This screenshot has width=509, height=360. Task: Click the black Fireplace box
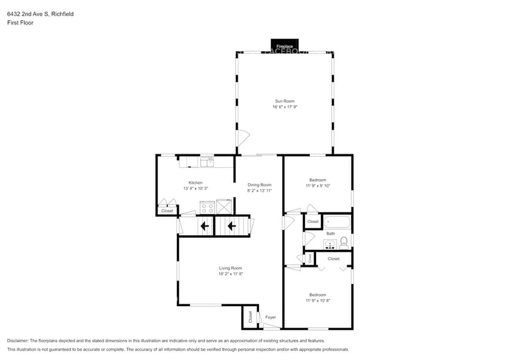[x=284, y=46]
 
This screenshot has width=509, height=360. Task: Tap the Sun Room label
[x=285, y=101]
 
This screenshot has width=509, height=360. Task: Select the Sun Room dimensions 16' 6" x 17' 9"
[x=285, y=107]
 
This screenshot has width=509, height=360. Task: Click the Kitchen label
[x=195, y=182]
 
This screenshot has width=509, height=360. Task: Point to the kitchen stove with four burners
[x=207, y=207]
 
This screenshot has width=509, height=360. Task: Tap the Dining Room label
[x=259, y=185]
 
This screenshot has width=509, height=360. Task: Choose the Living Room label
[x=231, y=268]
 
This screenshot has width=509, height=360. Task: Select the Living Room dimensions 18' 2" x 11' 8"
[x=231, y=274]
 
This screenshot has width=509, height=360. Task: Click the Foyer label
[x=271, y=317]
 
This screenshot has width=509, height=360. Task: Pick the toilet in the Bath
[x=344, y=242]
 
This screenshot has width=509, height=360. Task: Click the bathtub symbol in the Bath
[x=336, y=222]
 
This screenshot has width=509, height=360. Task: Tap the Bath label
[x=331, y=233]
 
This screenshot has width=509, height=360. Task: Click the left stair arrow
[x=204, y=227]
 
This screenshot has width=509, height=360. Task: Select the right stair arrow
[x=232, y=227]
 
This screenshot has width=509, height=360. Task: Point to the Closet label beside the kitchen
[x=167, y=211]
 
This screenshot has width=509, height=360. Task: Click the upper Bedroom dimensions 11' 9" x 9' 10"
[x=318, y=186]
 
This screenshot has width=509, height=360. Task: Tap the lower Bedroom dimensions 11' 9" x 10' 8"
[x=318, y=301]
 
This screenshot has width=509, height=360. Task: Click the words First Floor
[x=21, y=23]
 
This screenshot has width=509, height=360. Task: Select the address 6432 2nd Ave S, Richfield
[x=40, y=13]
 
